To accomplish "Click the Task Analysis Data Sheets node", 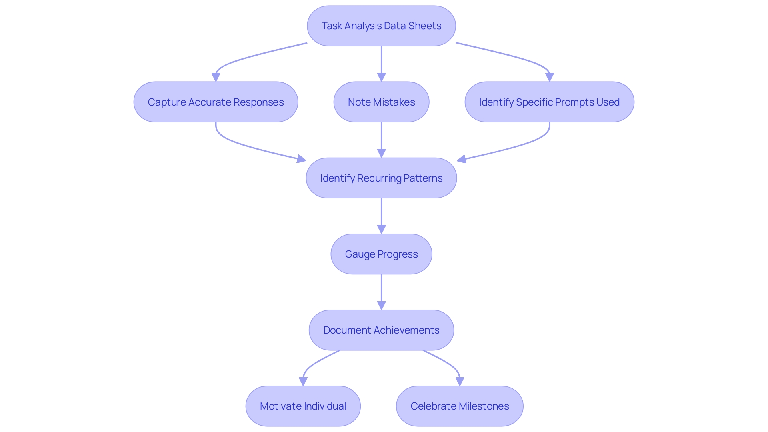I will coord(381,26).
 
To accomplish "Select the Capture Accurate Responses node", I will coord(216,102).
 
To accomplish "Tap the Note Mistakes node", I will coord(381,102).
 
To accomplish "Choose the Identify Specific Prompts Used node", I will coord(549,102).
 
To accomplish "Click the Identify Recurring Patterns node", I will coord(381,178).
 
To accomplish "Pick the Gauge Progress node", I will coord(381,254).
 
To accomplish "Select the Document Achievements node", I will coord(381,330).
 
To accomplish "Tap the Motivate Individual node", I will coord(303,406).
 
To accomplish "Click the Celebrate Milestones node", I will coord(460,406).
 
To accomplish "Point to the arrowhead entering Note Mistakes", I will coord(381,77).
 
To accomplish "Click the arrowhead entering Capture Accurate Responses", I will coord(216,77).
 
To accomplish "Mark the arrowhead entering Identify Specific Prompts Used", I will coord(549,77).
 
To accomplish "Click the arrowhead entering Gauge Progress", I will coord(381,229).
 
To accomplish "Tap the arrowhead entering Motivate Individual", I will coord(303,381).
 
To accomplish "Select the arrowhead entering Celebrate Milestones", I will coord(460,381).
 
